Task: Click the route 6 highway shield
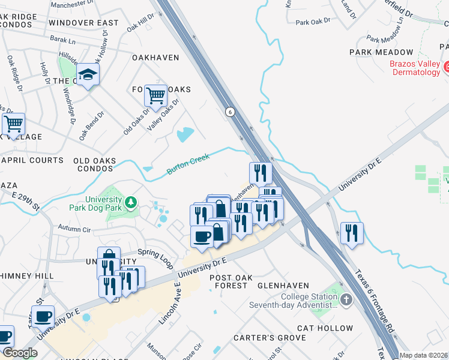(x=230, y=112)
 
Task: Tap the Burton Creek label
(x=188, y=164)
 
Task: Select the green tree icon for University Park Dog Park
(x=129, y=204)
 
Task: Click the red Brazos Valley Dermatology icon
(x=447, y=65)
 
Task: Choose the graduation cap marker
(x=88, y=75)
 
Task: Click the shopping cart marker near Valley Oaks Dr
(x=155, y=95)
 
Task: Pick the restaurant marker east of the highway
(x=352, y=232)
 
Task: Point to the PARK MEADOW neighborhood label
(x=381, y=53)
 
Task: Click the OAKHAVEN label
(x=155, y=58)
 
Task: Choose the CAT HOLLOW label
(x=325, y=328)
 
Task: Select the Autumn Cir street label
(x=74, y=229)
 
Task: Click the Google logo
(x=20, y=353)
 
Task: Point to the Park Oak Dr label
(x=314, y=22)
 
